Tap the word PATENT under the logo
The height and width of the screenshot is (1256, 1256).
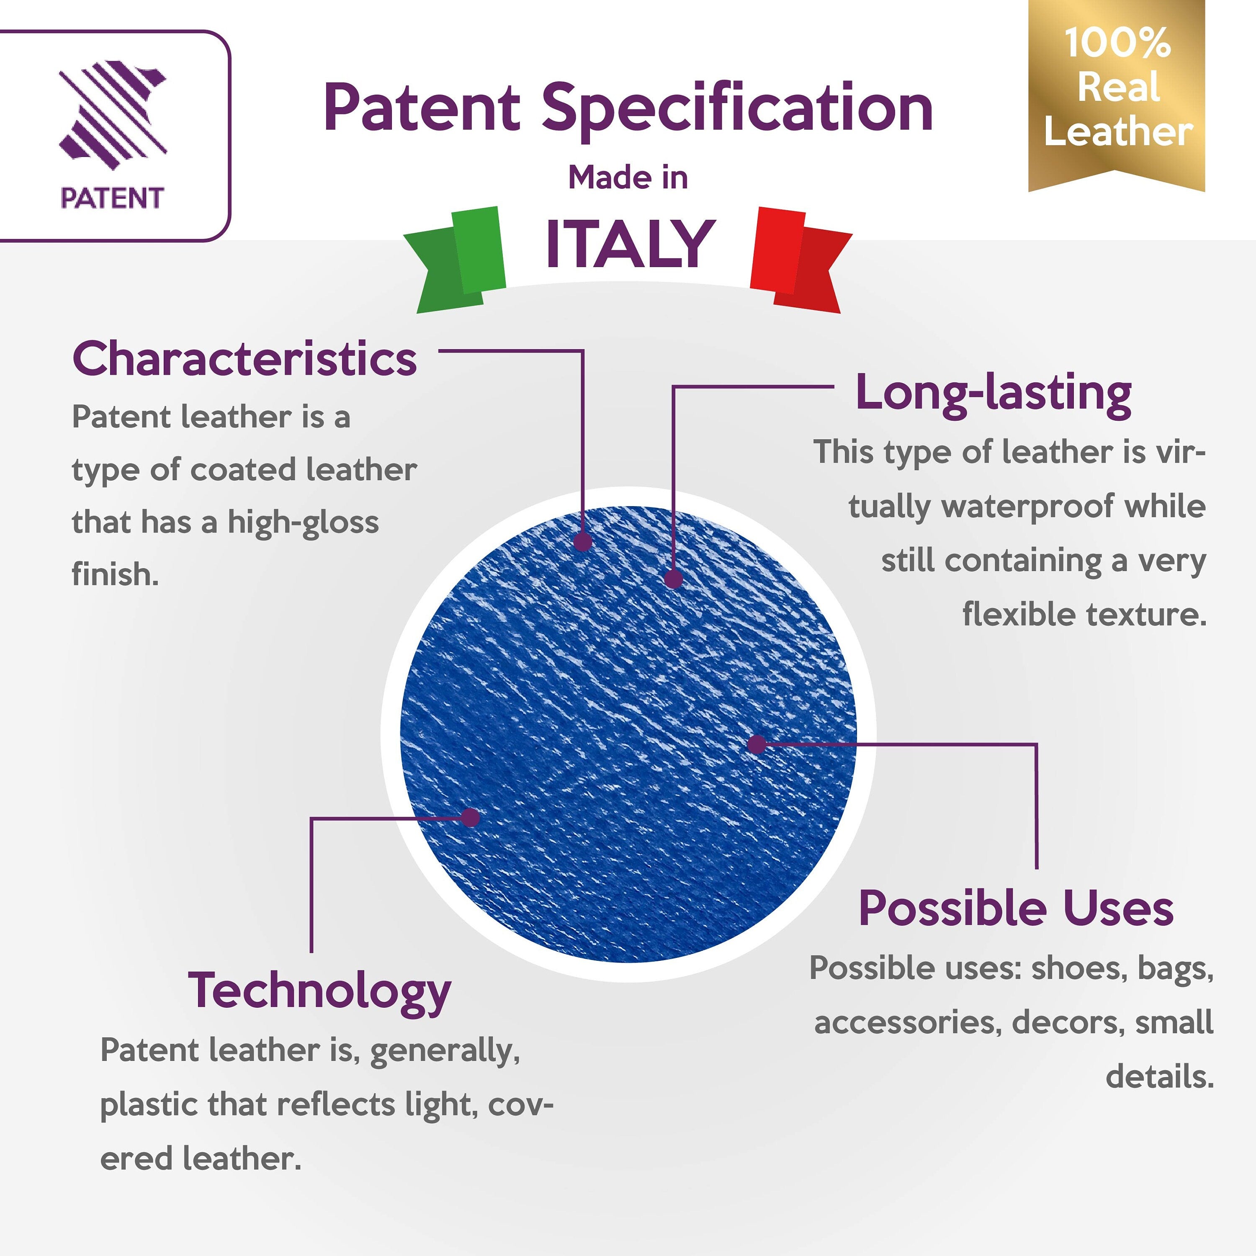click(x=112, y=198)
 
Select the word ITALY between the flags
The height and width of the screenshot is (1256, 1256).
click(x=629, y=243)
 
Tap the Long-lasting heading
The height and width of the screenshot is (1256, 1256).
click(x=993, y=394)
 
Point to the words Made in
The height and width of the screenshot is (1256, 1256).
click(x=628, y=178)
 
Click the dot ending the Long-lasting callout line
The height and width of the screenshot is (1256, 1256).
click(x=674, y=578)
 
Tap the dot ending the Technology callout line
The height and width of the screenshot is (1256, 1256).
click(x=470, y=817)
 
